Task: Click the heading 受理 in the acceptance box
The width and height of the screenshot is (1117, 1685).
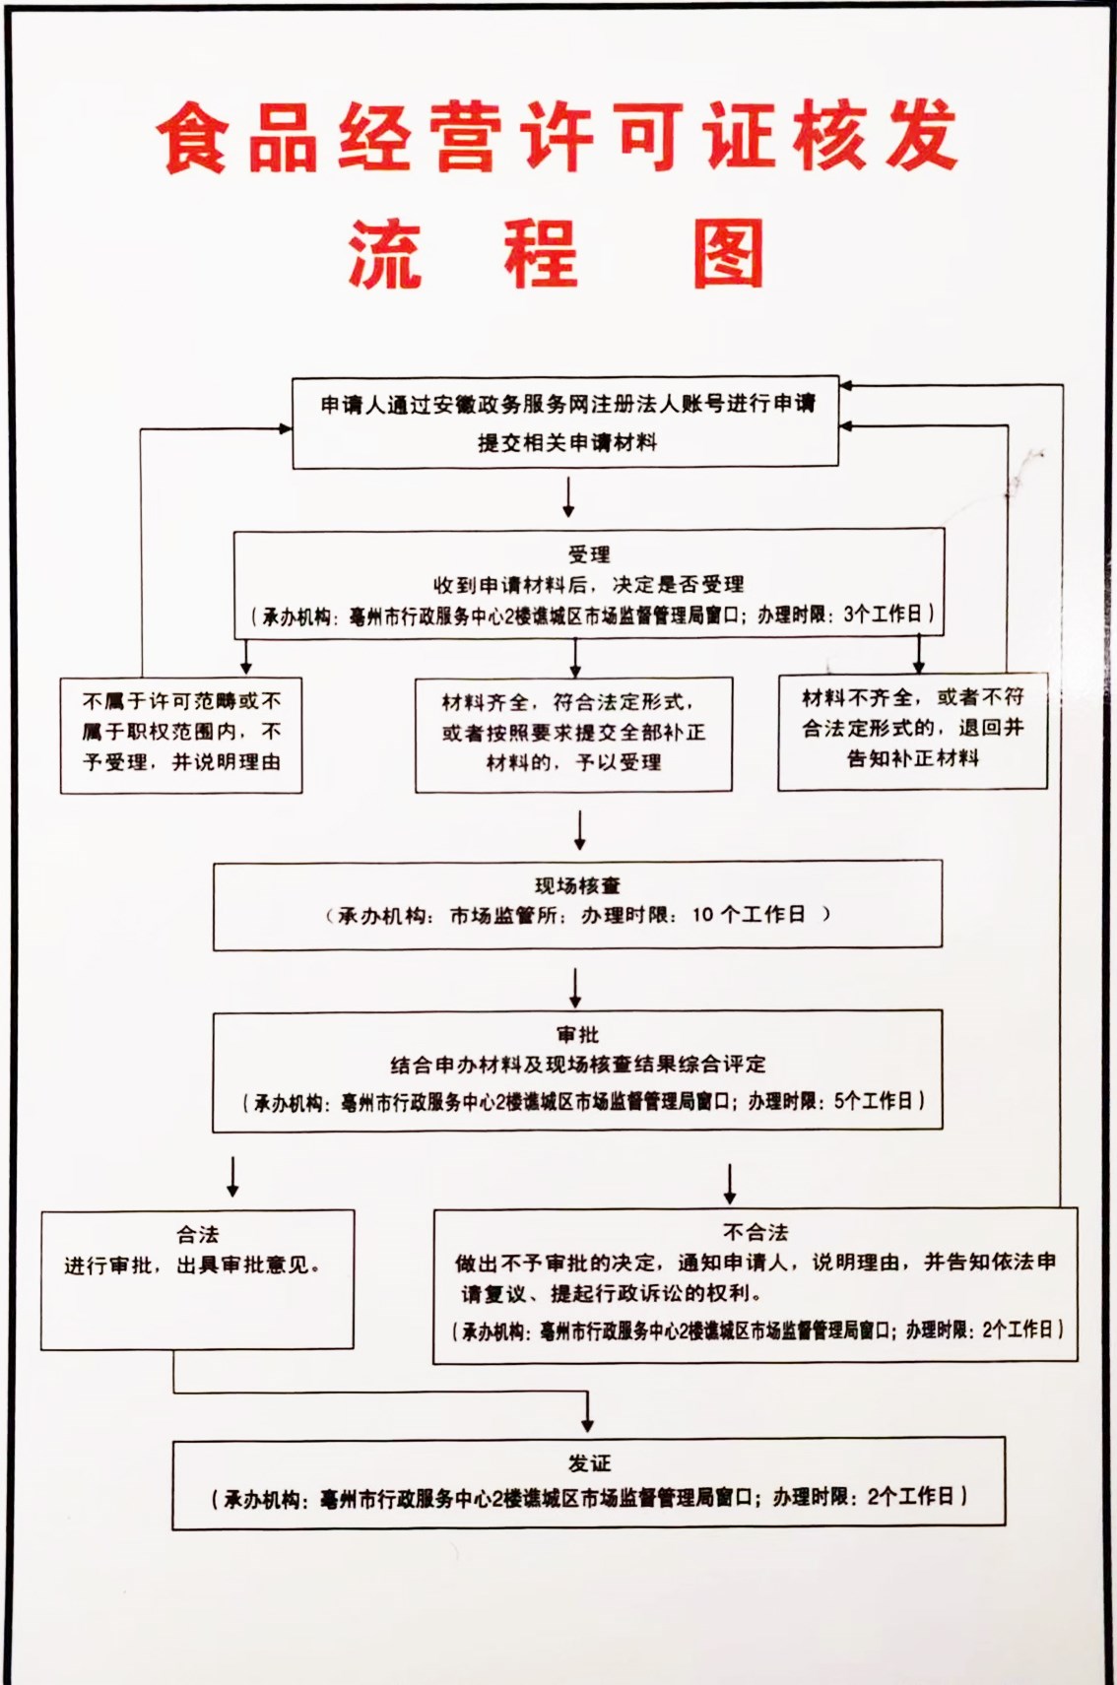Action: (588, 554)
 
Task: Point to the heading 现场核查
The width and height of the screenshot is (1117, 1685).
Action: (577, 885)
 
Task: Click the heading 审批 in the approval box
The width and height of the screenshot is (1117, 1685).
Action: (577, 1035)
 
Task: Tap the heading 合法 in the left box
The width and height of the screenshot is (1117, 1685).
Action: (197, 1234)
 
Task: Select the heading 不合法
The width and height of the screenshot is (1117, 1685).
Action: (756, 1232)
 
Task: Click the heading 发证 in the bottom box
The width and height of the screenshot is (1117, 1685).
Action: (588, 1463)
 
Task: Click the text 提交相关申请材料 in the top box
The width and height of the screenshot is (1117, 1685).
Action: (566, 442)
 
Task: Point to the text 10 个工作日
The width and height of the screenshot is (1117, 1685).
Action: (748, 914)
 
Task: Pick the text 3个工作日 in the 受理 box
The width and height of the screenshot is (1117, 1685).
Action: (883, 615)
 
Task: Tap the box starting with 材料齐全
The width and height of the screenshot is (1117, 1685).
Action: (573, 733)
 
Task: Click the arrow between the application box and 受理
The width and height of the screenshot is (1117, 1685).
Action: (568, 496)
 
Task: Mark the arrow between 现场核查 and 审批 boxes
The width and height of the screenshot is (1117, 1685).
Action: (576, 987)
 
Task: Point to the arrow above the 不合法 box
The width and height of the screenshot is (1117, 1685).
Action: (729, 1184)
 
